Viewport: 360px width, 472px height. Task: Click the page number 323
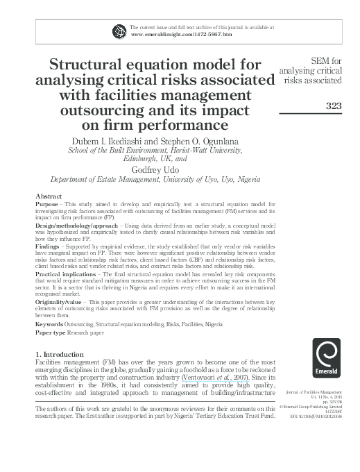point(326,106)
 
